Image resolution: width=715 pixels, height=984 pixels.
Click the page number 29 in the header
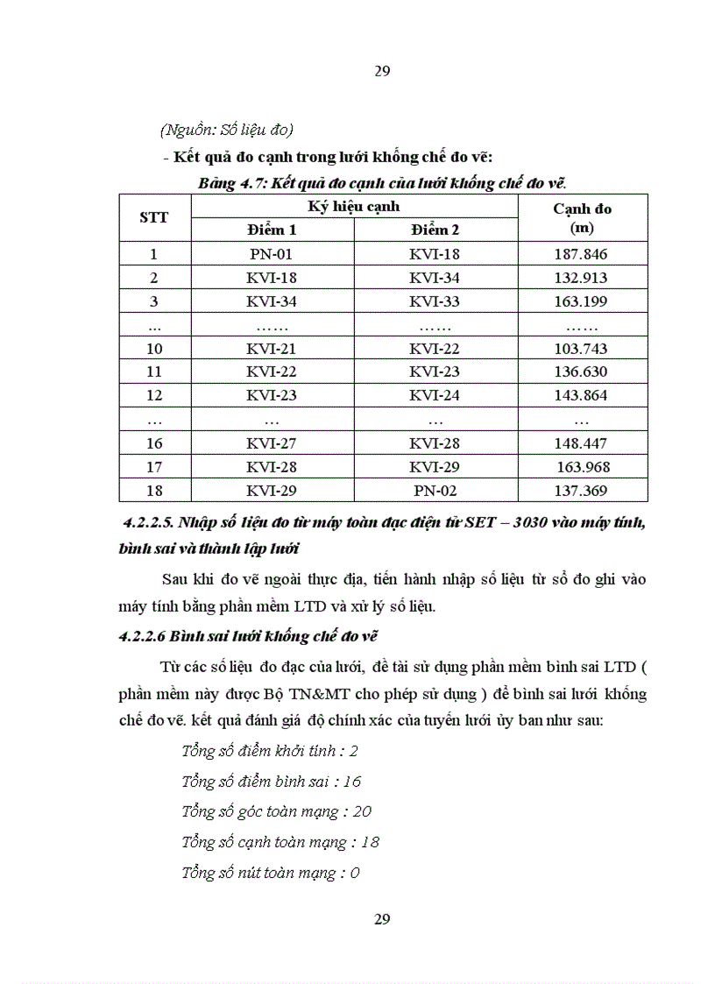click(x=382, y=71)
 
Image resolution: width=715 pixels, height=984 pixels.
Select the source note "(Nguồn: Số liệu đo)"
click(x=226, y=130)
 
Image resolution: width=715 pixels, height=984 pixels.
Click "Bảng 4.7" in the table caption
click(x=232, y=183)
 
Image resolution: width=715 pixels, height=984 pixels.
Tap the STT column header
click(x=154, y=217)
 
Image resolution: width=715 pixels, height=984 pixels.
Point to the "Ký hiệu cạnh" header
click(x=354, y=206)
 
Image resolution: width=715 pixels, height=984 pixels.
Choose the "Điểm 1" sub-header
click(x=272, y=230)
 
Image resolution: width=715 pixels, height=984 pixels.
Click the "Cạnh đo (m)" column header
click(x=582, y=217)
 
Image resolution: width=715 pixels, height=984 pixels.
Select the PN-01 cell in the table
click(x=272, y=254)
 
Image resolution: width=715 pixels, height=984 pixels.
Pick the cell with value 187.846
click(x=581, y=254)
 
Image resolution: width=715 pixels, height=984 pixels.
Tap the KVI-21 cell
click(x=272, y=349)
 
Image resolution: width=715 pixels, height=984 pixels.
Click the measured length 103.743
click(x=581, y=349)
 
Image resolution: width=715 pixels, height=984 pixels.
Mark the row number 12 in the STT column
click(x=154, y=396)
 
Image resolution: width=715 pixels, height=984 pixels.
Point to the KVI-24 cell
click(x=435, y=396)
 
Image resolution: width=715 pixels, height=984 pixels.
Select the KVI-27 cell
click(x=272, y=443)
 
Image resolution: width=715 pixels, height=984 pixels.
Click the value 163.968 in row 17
click(x=583, y=467)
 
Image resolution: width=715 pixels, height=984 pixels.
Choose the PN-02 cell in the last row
click(x=435, y=491)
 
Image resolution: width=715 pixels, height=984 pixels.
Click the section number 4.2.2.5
click(x=149, y=523)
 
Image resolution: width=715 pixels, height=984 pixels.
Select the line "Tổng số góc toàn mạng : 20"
click(x=276, y=811)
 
